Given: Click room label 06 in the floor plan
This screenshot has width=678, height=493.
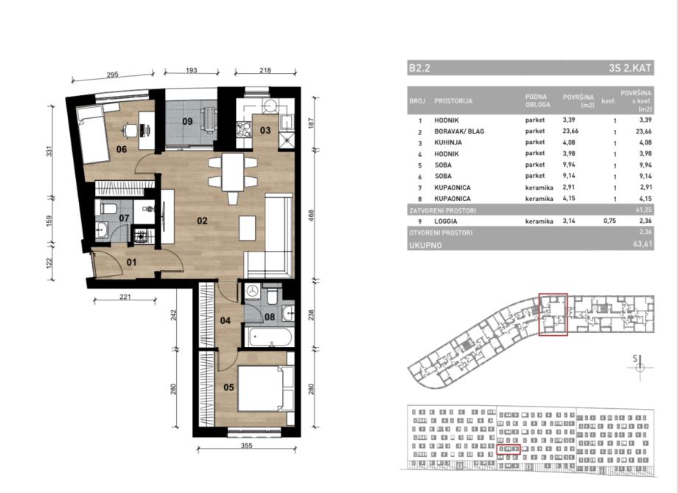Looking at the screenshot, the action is point(122,149).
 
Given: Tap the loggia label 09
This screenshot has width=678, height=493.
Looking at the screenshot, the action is point(187,121).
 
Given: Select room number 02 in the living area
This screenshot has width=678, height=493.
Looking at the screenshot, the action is point(202,221).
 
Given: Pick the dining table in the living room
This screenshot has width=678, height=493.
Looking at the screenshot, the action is point(233,172).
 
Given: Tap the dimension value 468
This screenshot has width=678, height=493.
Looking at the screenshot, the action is point(311,216).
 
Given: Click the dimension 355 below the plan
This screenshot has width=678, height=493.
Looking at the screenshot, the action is point(246,445).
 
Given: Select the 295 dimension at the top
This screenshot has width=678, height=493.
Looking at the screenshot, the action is point(113,75).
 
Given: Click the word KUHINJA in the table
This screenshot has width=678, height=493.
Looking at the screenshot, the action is point(448,142).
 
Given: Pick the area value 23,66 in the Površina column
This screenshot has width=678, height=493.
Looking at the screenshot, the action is point(570,131).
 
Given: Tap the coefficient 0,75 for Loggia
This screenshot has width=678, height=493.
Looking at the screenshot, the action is point(609,221).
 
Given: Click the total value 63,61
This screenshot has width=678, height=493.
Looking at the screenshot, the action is point(642,244).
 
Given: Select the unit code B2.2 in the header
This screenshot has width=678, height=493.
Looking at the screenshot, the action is point(419,68).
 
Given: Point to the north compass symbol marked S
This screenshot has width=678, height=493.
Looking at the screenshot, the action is point(640,366).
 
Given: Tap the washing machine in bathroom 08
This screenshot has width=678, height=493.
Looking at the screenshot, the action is point(252,292).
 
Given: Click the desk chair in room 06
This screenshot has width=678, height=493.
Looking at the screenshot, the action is point(129,129).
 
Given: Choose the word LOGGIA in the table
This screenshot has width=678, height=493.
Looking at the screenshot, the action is point(446,221).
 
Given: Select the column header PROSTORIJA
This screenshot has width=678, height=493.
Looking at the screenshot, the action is point(453,101).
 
